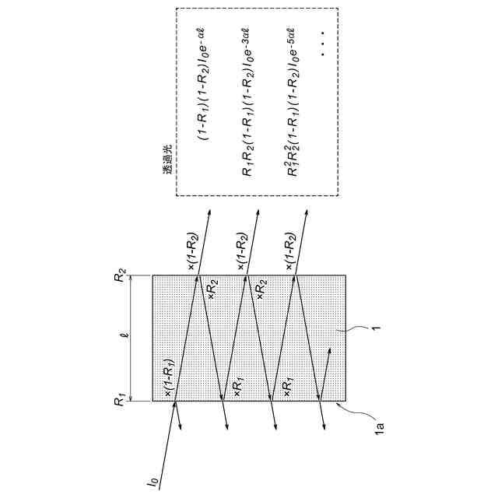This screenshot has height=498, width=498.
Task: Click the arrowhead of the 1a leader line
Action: (338, 403)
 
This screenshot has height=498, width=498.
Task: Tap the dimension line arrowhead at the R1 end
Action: (131, 398)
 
